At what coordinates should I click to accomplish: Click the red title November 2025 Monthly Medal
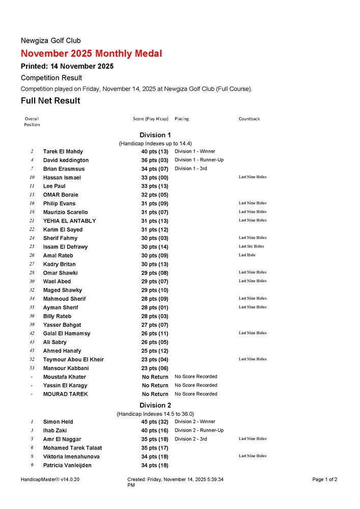92,53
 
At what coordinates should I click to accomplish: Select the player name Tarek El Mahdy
63,152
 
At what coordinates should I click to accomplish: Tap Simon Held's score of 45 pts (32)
155,422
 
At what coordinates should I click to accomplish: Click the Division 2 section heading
155,405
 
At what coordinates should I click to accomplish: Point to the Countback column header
249,119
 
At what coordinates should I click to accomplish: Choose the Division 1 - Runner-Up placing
199,160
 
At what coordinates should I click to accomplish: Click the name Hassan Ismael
62,178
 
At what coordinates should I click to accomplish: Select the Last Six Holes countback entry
251,246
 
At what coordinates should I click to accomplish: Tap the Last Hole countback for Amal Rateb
247,255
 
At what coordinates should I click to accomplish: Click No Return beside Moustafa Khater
155,377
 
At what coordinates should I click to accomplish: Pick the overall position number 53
32,368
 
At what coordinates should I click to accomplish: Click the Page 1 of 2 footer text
325,479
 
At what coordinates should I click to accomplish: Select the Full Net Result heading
50,101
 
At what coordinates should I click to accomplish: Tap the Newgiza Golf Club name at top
50,41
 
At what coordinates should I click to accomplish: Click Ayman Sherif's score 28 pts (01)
155,307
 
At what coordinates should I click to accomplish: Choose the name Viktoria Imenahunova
71,457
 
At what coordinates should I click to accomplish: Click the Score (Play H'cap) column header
150,119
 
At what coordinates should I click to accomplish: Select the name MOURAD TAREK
65,394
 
